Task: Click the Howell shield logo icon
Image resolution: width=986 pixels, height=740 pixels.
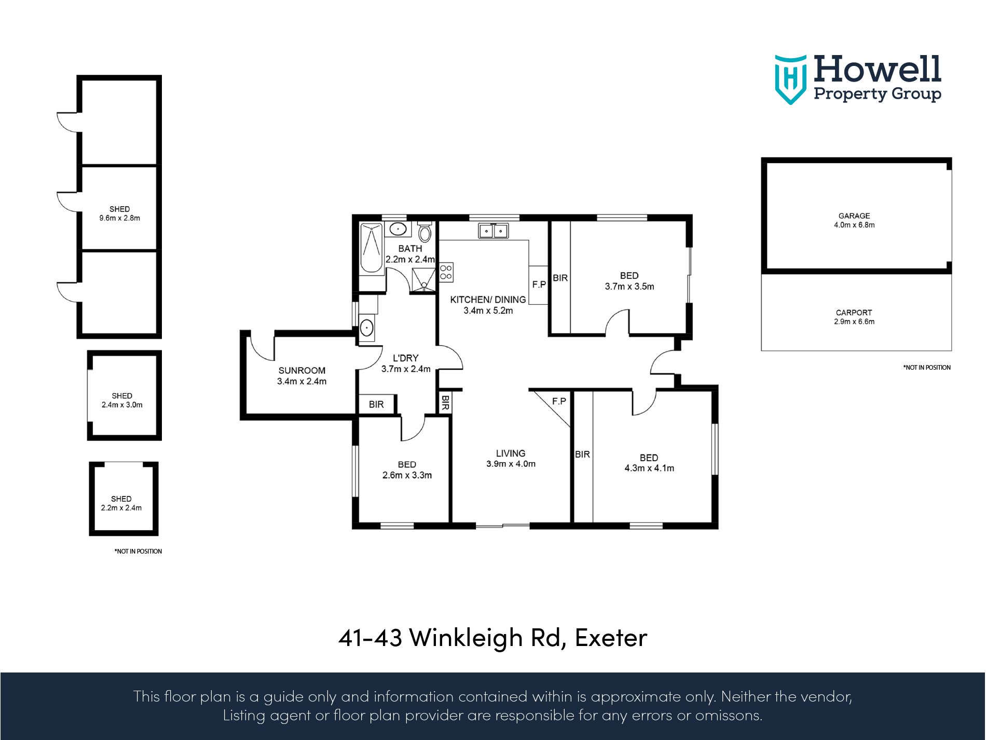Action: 790,79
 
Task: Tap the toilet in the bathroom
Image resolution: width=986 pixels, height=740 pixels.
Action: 424,232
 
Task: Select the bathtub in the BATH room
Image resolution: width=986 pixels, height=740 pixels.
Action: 371,248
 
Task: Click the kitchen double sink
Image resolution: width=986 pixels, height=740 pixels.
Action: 493,230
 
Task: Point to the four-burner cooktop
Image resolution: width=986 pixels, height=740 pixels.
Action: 446,272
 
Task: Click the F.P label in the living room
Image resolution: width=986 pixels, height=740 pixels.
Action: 559,401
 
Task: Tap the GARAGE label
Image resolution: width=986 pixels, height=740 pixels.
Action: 854,216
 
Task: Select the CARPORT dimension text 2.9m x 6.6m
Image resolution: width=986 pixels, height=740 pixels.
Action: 854,321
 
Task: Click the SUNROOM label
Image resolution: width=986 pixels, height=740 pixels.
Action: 302,370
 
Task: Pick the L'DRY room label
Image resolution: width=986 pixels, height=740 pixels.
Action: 405,358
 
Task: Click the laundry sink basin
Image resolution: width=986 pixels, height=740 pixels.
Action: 366,328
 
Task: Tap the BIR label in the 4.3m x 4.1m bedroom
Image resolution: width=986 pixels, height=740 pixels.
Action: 582,454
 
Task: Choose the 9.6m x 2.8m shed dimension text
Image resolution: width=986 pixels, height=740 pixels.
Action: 119,218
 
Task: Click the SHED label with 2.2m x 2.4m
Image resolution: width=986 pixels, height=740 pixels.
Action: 121,499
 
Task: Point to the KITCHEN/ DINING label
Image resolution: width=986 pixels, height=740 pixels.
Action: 488,300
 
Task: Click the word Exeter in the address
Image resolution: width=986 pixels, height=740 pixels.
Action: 611,638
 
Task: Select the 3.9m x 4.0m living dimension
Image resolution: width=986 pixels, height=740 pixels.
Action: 511,464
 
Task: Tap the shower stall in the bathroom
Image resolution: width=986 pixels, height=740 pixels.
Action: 423,280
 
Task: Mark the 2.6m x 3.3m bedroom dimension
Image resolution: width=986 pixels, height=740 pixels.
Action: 407,475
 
